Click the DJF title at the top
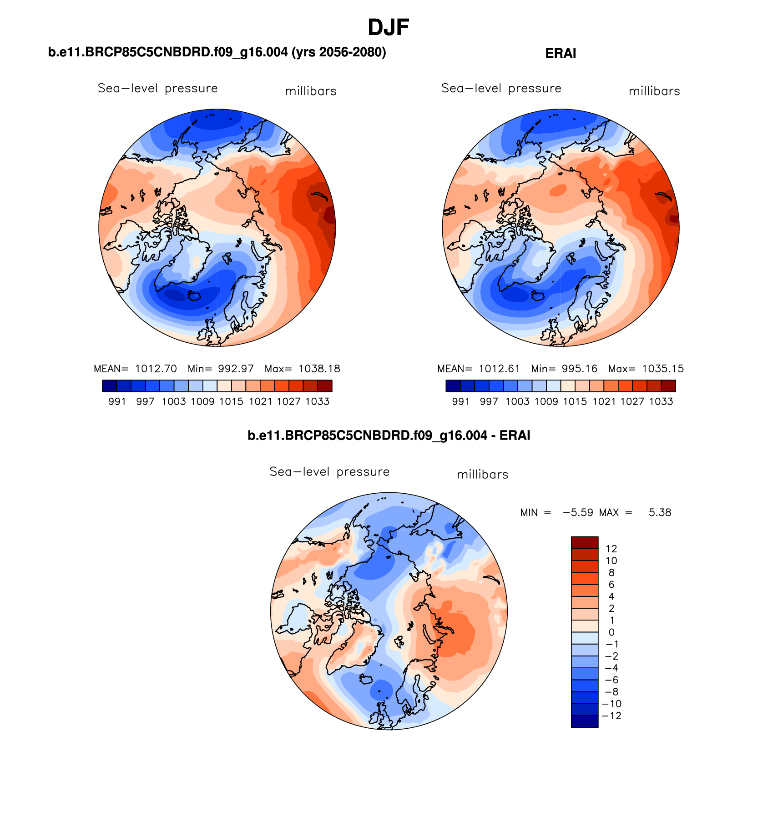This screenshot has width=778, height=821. click(x=388, y=28)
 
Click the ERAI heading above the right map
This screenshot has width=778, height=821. click(x=561, y=54)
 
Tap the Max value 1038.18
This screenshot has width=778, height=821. click(x=319, y=369)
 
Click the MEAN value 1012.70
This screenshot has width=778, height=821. click(x=156, y=369)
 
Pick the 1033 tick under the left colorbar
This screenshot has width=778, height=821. click(x=317, y=401)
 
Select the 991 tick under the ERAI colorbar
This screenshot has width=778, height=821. click(x=461, y=401)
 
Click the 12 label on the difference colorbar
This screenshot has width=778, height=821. click(x=611, y=549)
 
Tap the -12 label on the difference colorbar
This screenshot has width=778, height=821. click(x=611, y=716)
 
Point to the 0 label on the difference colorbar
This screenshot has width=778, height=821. click(x=611, y=632)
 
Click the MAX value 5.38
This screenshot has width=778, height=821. click(x=660, y=512)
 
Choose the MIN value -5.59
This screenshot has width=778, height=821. click(x=578, y=512)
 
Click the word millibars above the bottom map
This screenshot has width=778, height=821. click(x=482, y=475)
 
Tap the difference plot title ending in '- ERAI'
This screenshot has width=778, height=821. click(x=389, y=436)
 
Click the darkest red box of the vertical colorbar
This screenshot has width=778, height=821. click(x=585, y=542)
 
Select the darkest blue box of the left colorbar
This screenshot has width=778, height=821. click(x=110, y=386)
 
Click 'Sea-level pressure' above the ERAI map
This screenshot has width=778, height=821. click(x=501, y=88)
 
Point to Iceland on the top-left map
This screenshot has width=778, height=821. click(x=195, y=296)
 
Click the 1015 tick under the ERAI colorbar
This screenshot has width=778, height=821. click(x=575, y=401)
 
